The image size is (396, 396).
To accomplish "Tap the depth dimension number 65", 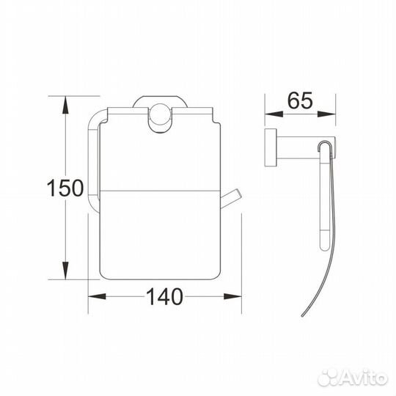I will pos(299,101).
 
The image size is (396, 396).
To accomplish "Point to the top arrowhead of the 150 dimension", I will pos(67,103).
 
